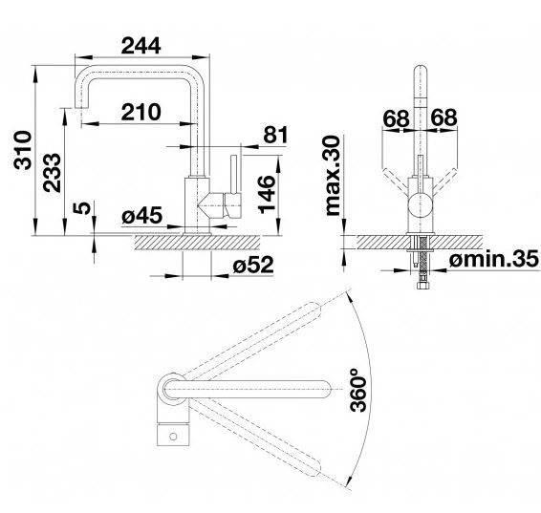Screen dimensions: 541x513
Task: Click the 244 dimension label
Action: pos(141,46)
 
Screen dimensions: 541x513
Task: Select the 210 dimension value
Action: pos(141,112)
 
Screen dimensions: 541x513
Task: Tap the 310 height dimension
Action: pos(23,150)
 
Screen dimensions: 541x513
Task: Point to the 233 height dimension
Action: pos(52,172)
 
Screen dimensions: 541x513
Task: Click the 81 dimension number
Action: pos(275,135)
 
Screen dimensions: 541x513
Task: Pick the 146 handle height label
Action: pos(267,195)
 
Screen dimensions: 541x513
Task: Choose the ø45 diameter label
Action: pos(141,216)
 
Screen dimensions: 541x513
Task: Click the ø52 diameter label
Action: pos(253,266)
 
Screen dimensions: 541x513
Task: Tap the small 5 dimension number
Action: pos(82,208)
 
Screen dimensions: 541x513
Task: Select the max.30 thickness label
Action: pos(333,176)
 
